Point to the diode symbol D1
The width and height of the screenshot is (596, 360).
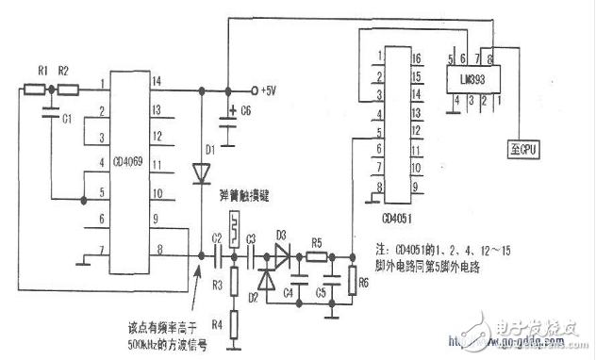click(x=201, y=173)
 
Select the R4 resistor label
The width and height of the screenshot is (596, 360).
click(x=214, y=323)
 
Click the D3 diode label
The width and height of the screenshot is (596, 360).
click(x=280, y=234)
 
